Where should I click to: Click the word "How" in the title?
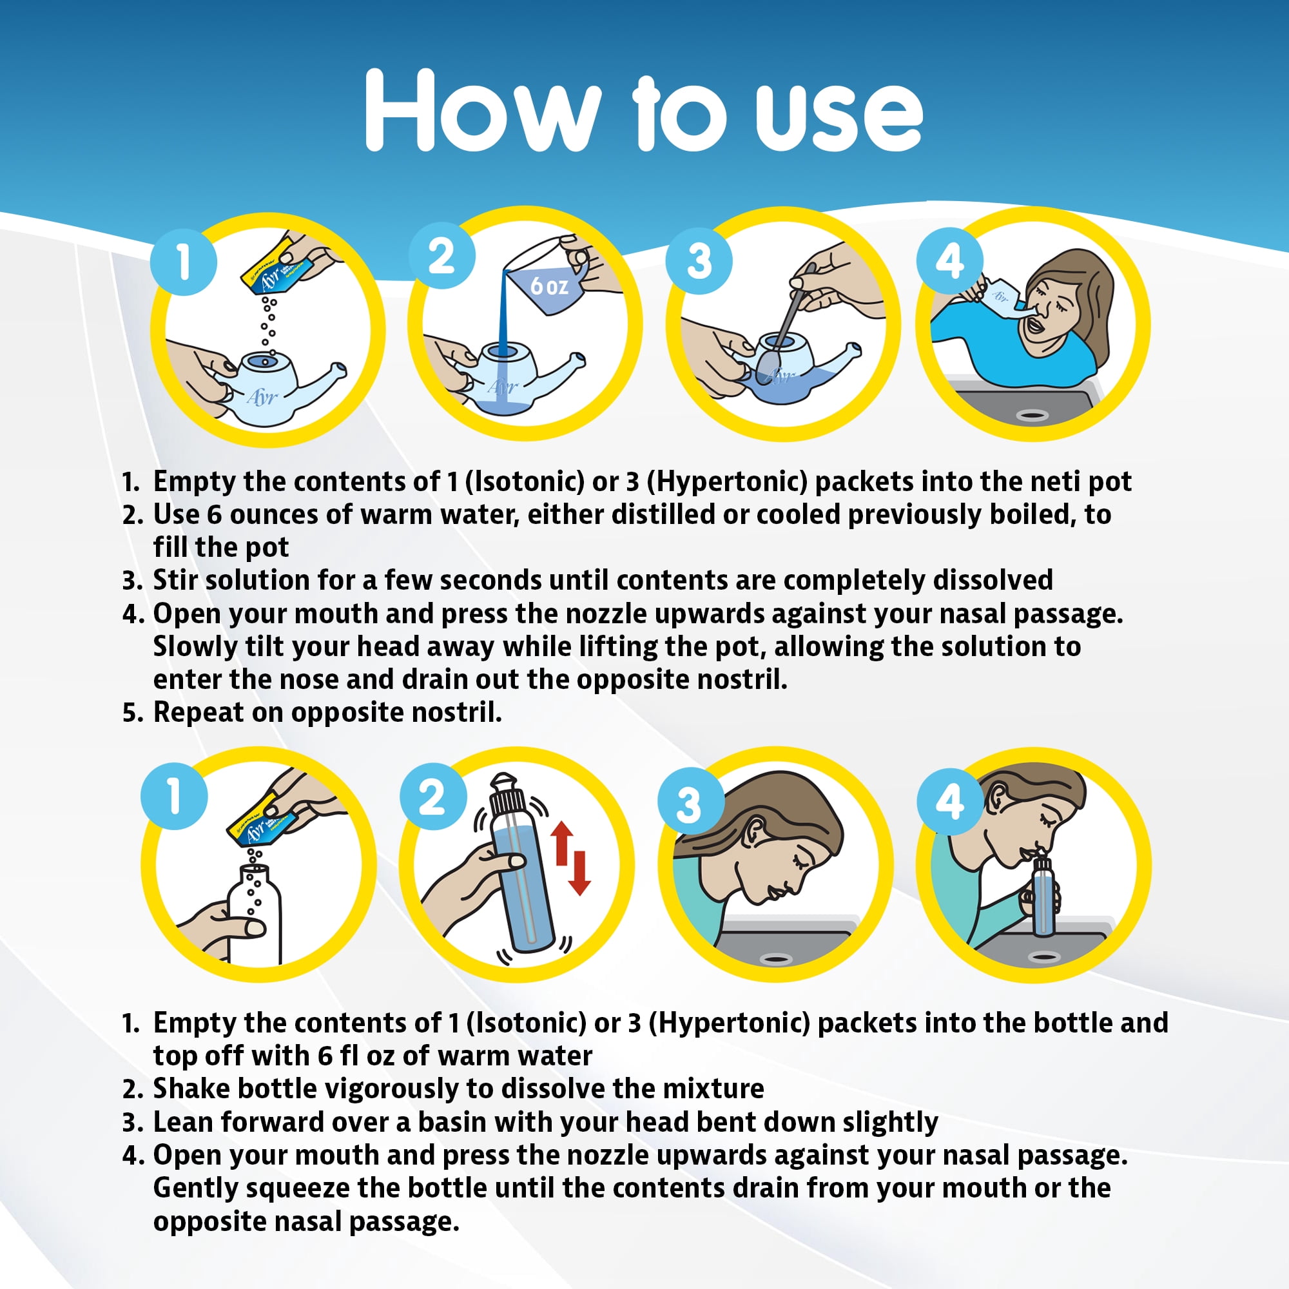click(482, 110)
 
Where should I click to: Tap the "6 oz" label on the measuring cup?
click(549, 286)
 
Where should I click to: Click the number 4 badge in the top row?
click(949, 260)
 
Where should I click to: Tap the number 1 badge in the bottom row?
click(174, 796)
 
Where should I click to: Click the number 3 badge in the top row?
click(699, 260)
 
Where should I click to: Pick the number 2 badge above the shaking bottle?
click(433, 796)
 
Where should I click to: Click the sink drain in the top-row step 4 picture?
click(1032, 415)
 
